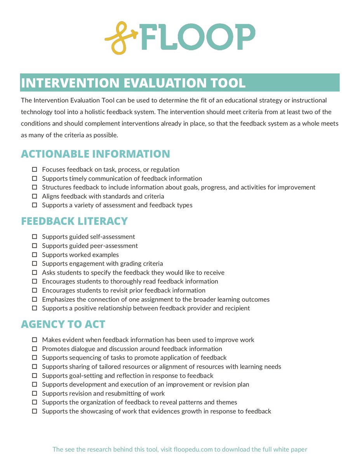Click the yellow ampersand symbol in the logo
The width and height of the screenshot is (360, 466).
click(121, 38)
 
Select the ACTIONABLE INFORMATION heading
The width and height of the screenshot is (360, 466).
click(95, 154)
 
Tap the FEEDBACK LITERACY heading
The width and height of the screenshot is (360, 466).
click(74, 221)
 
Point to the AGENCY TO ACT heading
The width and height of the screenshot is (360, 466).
click(63, 324)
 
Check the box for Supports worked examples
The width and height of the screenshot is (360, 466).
click(35, 255)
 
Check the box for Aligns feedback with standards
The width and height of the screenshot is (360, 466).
click(35, 196)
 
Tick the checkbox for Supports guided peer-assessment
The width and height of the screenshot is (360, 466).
click(35, 246)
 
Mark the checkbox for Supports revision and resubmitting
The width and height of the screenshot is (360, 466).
click(35, 393)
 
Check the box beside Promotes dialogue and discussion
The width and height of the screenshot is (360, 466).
click(35, 349)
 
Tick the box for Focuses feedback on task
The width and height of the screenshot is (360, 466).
click(35, 170)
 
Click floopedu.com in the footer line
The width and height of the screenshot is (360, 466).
click(190, 449)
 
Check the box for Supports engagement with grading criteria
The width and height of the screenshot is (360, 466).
click(35, 264)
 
